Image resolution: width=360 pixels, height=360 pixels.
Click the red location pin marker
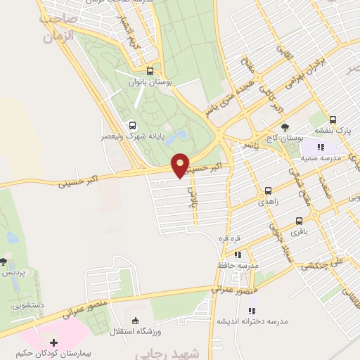pyautogui.click(x=181, y=165)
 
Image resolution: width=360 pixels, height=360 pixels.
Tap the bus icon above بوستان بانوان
pyautogui.click(x=149, y=71)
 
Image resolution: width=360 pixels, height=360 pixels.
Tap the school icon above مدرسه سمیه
pyautogui.click(x=320, y=147)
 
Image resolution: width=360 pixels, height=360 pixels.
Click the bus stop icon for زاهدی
pyautogui.click(x=268, y=191)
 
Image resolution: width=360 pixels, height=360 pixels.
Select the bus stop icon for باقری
pyautogui.click(x=300, y=221)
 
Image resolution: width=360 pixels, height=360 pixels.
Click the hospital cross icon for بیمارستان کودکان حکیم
pyautogui.click(x=54, y=342)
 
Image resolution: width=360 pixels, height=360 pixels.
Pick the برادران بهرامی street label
pyautogui.click(x=322, y=63)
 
